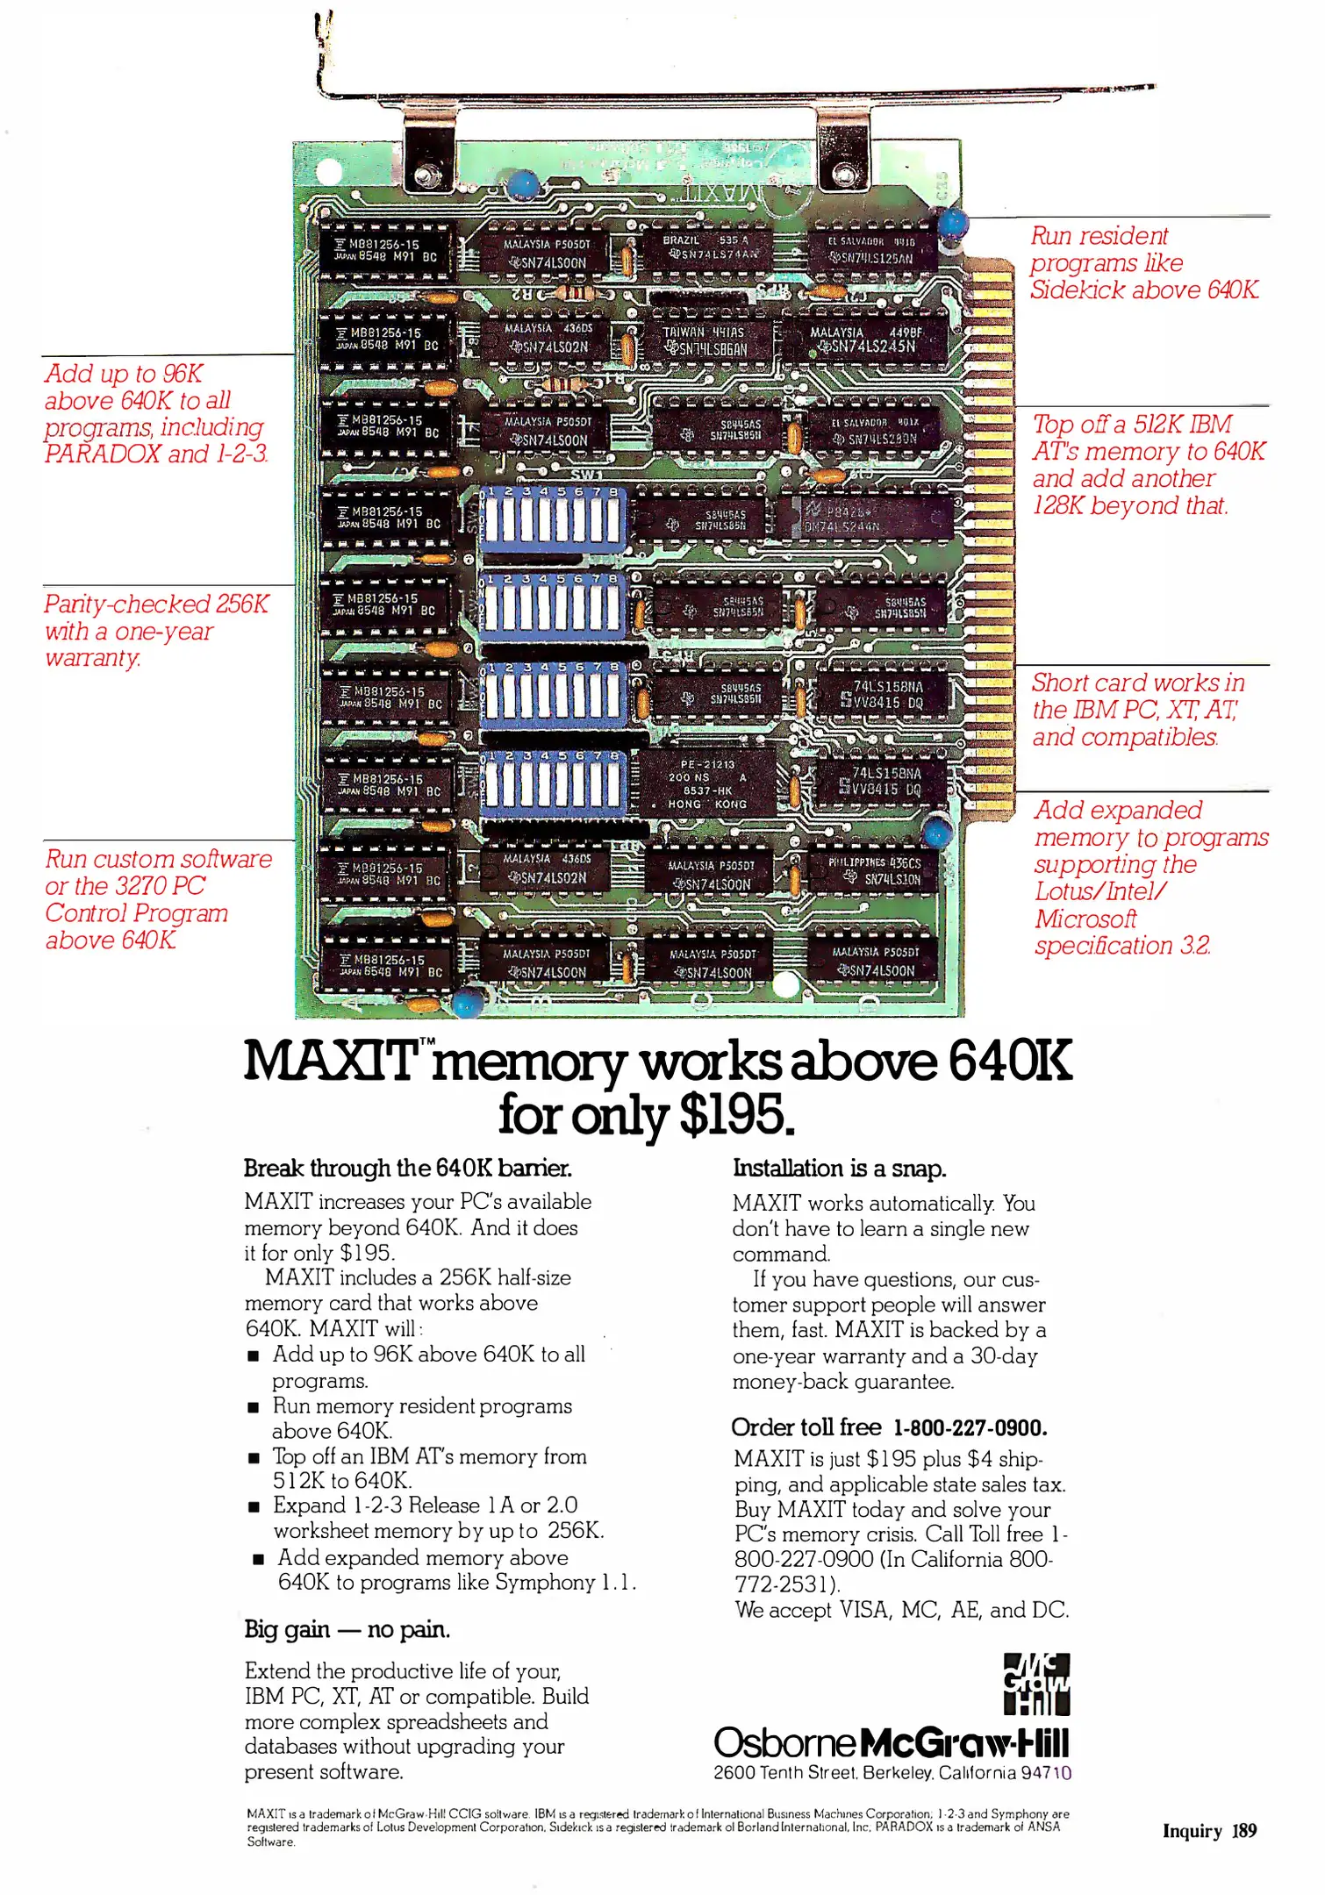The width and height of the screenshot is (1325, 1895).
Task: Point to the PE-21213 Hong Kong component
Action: click(707, 783)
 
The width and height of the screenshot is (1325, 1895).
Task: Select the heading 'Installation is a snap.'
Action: click(839, 1169)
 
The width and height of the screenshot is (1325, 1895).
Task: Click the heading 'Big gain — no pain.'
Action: click(347, 1629)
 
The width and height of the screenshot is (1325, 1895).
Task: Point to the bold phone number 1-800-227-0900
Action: click(970, 1427)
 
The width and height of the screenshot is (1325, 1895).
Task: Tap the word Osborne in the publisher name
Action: click(784, 1742)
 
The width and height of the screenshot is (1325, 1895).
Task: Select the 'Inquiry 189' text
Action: click(1209, 1830)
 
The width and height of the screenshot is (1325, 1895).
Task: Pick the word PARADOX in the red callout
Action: click(103, 454)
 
